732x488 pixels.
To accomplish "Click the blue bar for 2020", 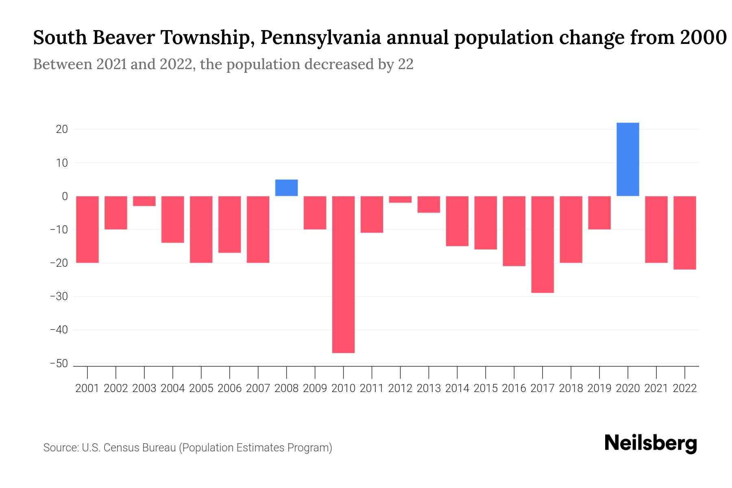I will point(627,159).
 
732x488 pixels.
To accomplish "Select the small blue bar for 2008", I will point(286,188).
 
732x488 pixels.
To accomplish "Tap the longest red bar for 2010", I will point(343,274).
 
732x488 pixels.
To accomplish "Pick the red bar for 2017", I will point(542,244).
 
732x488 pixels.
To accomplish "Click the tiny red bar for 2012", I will point(400,199).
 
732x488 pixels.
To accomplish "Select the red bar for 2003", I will point(144,201).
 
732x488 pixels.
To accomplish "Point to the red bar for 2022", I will point(684,233).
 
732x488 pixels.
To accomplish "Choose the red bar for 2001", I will point(87,229).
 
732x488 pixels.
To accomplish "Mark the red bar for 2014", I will point(457,221).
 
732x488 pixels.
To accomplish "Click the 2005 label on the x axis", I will point(201,388).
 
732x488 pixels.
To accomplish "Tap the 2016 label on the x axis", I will point(514,388).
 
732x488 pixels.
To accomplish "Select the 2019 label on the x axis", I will point(599,388).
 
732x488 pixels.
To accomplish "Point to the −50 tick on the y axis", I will point(59,363).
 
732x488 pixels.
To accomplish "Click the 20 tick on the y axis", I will point(62,129).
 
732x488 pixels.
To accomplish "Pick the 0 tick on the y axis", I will point(65,196).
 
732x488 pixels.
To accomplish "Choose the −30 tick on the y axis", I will point(59,296).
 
